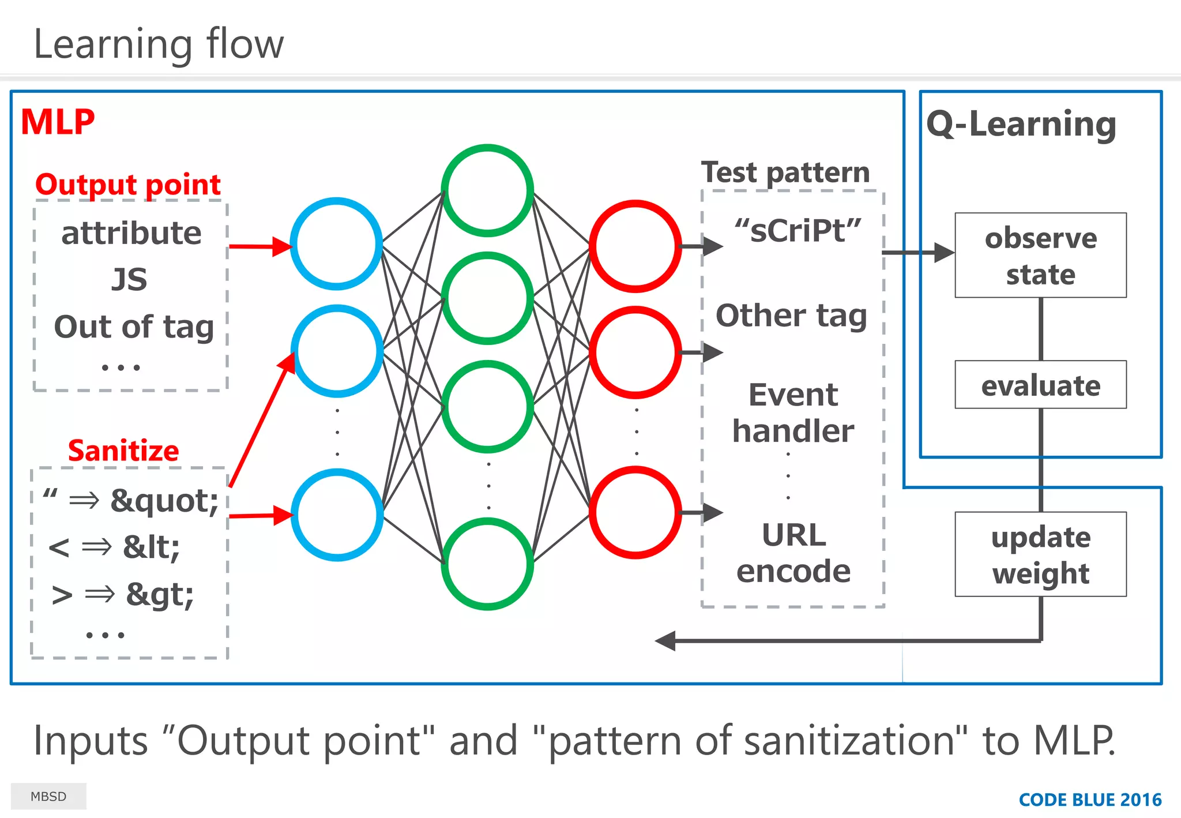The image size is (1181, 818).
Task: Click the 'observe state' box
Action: [1040, 256]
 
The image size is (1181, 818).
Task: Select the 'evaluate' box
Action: [1040, 385]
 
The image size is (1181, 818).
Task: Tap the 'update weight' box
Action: [1040, 554]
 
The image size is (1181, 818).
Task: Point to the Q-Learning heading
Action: [1021, 124]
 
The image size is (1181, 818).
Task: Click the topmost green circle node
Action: [487, 190]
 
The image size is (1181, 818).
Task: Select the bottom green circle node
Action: [487, 564]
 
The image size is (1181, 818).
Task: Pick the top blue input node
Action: [336, 243]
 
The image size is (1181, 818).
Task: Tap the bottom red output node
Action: [635, 512]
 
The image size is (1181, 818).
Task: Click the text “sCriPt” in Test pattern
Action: [798, 230]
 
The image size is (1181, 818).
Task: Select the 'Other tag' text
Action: [791, 316]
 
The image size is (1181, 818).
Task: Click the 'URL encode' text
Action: [793, 553]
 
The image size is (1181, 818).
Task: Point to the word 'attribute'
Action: [131, 233]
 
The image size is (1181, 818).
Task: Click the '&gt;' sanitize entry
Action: [160, 594]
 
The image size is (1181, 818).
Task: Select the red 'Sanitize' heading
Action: [123, 451]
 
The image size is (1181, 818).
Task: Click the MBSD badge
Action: [48, 796]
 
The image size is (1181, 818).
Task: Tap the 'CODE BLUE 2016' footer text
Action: [1090, 800]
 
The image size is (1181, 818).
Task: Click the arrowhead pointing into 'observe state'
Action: [943, 252]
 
